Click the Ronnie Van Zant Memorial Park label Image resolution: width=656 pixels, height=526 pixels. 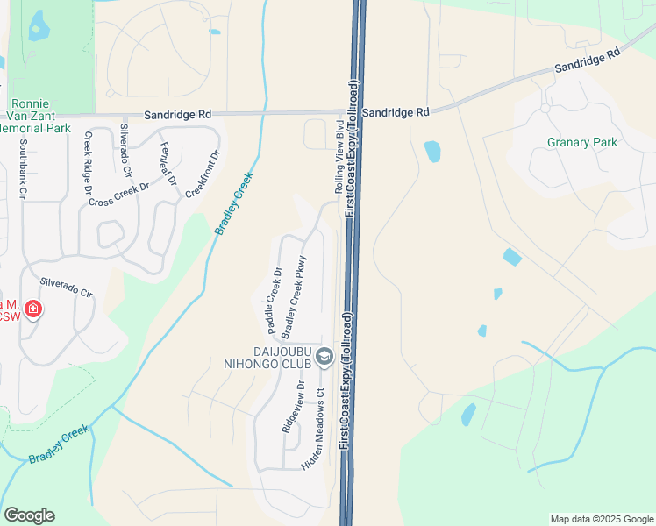pyautogui.click(x=35, y=115)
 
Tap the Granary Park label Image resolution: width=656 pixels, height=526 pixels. pyautogui.click(x=582, y=142)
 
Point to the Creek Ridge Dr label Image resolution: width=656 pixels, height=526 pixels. pyautogui.click(x=88, y=162)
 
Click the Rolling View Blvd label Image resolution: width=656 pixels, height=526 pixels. pyautogui.click(x=339, y=159)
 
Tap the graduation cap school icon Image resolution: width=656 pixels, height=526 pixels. pyautogui.click(x=324, y=356)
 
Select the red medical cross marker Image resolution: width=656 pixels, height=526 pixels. pyautogui.click(x=33, y=309)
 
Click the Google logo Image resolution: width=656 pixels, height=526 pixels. pyautogui.click(x=29, y=515)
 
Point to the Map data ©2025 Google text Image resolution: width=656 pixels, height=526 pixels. pyautogui.click(x=602, y=519)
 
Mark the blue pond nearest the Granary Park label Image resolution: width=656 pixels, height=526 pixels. pyautogui.click(x=431, y=152)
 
